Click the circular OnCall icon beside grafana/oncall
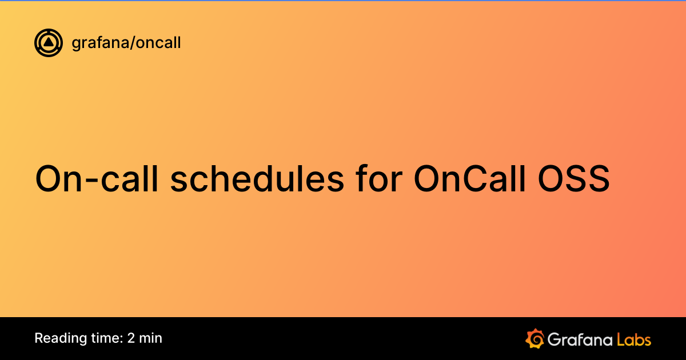pyautogui.click(x=49, y=43)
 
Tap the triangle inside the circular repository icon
pyautogui.click(x=49, y=42)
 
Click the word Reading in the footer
pyautogui.click(x=57, y=338)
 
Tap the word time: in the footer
pyautogui.click(x=103, y=338)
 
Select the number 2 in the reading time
pyautogui.click(x=131, y=338)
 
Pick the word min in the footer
pyautogui.click(x=151, y=338)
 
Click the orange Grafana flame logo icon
pyautogui.click(x=535, y=338)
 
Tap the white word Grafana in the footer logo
pyautogui.click(x=580, y=339)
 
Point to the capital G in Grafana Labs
pyautogui.click(x=554, y=339)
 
